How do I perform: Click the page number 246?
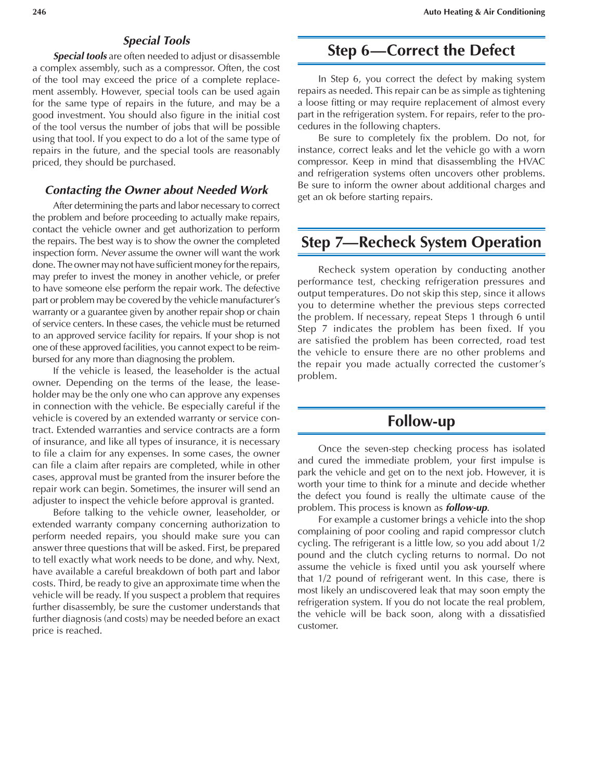tap(39, 12)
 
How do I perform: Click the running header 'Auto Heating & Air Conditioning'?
tap(484, 12)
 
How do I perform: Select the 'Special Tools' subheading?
tap(157, 41)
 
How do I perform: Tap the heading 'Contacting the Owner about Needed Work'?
tap(157, 190)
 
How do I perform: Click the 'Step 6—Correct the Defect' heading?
tap(421, 51)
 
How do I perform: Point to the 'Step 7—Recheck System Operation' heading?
tap(421, 242)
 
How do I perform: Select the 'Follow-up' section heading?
tap(421, 421)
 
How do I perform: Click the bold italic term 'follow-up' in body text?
tap(467, 508)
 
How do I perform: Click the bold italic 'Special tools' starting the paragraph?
tap(80, 56)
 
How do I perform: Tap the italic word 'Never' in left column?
tap(113, 253)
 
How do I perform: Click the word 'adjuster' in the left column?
tap(49, 501)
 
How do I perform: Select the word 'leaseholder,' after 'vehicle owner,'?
tap(240, 512)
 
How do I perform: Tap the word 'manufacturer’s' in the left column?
tap(250, 300)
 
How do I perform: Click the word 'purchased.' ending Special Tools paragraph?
tap(153, 162)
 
